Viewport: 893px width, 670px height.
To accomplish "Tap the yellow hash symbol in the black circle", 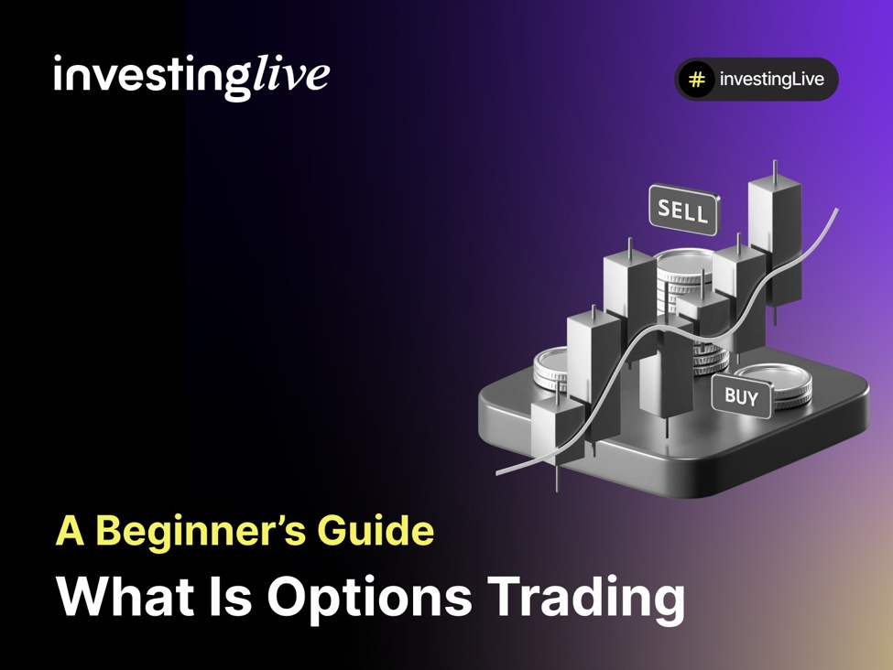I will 696,80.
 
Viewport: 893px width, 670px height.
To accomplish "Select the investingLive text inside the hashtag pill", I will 771,80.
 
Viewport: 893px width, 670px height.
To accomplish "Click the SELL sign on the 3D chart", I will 683,211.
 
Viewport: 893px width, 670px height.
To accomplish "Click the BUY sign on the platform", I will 741,396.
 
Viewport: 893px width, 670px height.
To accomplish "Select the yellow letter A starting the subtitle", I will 71,532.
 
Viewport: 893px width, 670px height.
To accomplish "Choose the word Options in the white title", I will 369,598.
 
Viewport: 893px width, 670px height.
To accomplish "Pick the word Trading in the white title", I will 585,598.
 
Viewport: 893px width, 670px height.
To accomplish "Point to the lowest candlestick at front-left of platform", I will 557,430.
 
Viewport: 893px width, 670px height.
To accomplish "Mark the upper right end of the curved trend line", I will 835,210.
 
